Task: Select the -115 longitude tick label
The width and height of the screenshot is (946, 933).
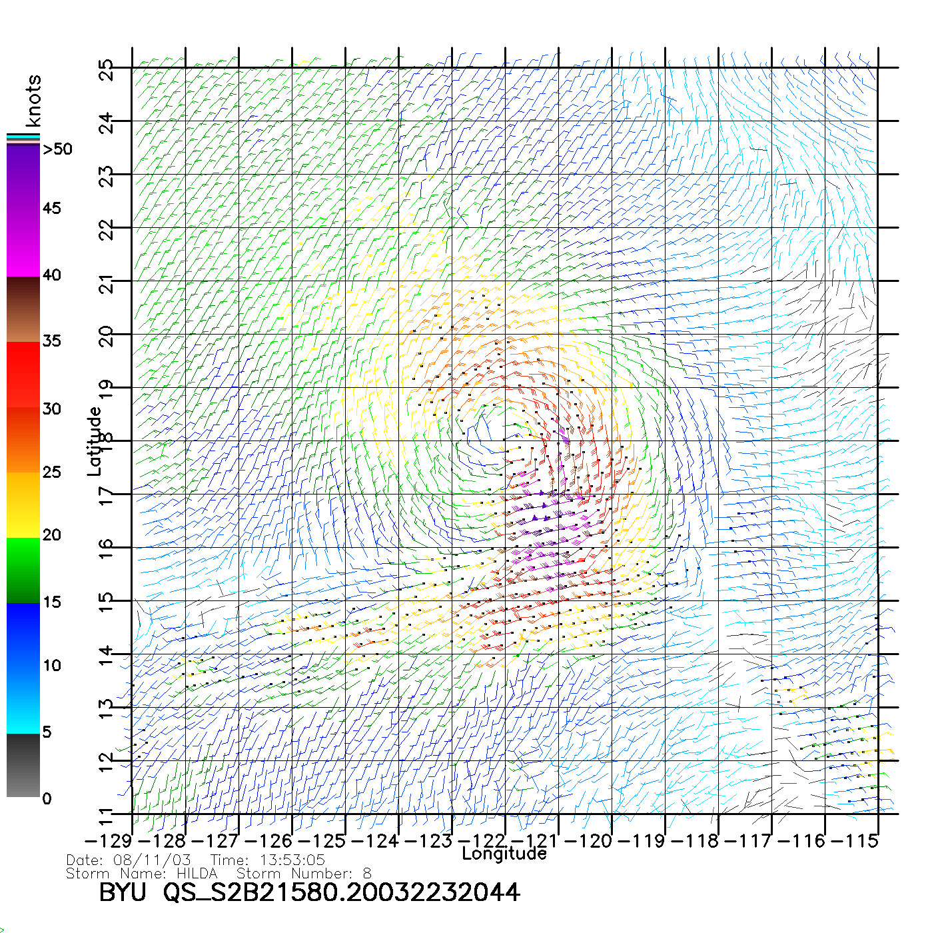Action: pos(855,841)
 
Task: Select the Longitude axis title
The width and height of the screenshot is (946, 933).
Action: pos(504,854)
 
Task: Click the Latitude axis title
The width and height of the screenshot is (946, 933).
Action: pos(95,441)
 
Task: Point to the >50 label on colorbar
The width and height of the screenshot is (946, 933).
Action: pos(57,149)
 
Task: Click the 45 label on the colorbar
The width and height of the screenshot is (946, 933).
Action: pos(52,209)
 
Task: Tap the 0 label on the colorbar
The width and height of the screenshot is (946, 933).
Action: pos(47,798)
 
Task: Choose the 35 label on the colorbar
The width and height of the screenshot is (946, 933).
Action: pos(52,341)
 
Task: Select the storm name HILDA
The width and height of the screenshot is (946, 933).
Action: pos(197,874)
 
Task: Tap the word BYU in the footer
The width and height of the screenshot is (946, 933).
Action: pos(123,892)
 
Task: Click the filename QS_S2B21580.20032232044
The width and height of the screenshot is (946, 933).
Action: pos(341,892)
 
